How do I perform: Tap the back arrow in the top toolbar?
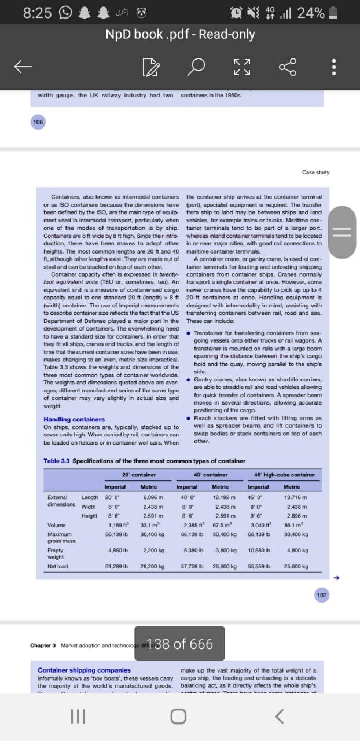[23, 68]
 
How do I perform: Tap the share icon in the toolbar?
[288, 68]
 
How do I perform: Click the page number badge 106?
[38, 122]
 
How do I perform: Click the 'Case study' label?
[315, 173]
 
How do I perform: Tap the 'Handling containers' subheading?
[74, 419]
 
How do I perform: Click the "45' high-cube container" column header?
[284, 475]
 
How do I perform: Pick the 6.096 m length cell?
[152, 497]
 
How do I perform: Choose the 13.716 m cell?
[295, 497]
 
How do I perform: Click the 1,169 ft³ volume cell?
[118, 525]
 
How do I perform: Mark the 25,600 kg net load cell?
[295, 566]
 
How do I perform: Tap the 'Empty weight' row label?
[56, 553]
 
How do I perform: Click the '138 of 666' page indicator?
[179, 644]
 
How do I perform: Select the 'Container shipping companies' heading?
[84, 670]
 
